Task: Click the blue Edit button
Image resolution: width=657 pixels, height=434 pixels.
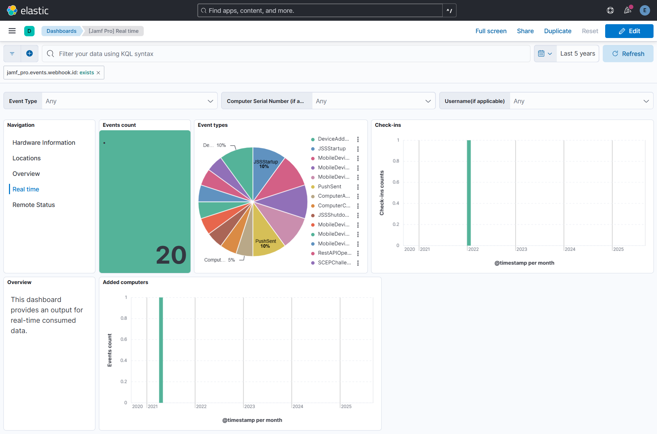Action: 629,31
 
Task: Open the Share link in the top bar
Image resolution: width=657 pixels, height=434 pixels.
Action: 525,31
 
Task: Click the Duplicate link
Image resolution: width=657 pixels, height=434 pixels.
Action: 557,31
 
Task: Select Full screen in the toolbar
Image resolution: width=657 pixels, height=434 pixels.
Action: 491,31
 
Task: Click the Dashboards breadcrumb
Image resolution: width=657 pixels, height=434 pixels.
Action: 61,31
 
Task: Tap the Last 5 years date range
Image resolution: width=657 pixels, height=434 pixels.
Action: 578,54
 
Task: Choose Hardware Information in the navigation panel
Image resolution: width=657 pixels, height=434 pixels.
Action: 44,143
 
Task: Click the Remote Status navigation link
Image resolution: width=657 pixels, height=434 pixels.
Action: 34,205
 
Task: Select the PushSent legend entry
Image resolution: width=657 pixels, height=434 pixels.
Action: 329,187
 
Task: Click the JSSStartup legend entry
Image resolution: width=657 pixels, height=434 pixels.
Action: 331,149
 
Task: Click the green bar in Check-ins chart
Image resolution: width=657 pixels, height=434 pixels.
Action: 469,194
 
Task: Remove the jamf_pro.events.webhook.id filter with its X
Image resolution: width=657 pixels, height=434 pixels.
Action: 98,73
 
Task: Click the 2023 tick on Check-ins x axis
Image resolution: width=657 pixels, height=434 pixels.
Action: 522,249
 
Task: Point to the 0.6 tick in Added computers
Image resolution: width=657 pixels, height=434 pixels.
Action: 123,339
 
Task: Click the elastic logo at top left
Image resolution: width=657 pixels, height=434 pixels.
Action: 28,10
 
